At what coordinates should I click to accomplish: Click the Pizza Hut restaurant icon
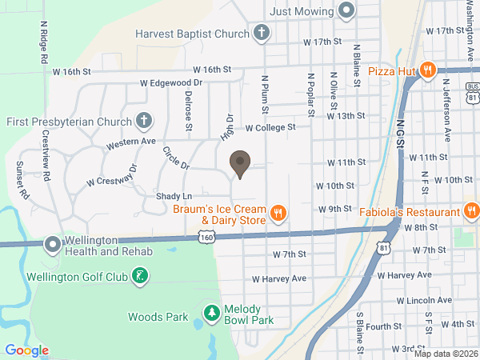tap(428, 70)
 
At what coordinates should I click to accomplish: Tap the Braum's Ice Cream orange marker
tap(278, 213)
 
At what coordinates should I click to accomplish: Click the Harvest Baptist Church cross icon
tap(260, 34)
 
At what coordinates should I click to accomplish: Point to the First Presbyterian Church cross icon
tap(143, 121)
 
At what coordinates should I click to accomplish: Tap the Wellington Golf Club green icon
tap(141, 277)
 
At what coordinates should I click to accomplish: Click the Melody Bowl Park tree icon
tap(211, 312)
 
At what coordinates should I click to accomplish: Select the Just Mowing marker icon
tap(346, 10)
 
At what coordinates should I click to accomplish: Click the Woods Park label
tap(158, 317)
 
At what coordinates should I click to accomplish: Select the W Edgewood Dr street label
tap(171, 82)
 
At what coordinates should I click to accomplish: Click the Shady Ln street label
tap(174, 196)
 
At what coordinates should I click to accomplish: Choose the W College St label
tap(270, 127)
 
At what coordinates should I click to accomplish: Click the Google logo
tap(26, 350)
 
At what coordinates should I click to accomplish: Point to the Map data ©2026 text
tap(445, 354)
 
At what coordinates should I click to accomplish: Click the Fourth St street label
tap(384, 326)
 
